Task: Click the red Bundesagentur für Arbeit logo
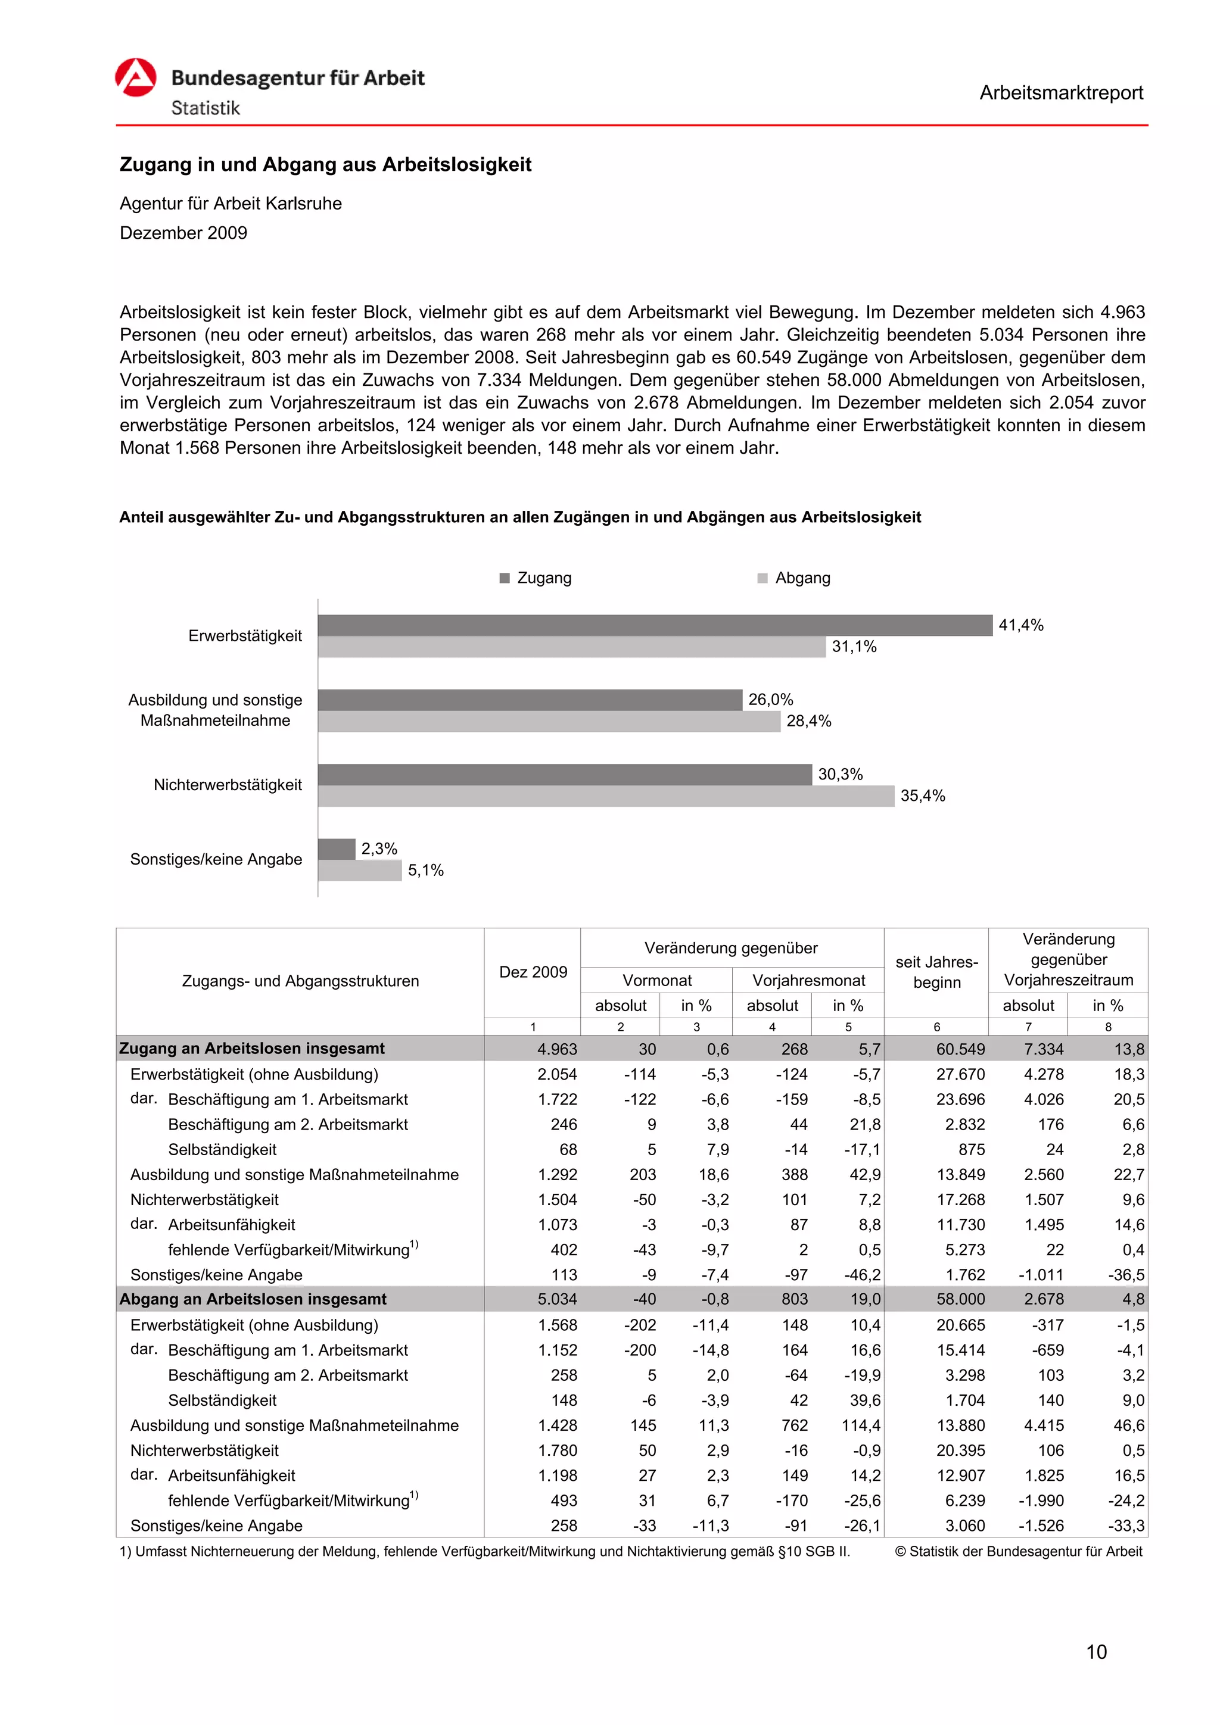point(135,77)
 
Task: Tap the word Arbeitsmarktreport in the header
point(1060,93)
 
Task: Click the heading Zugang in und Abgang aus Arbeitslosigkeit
point(325,164)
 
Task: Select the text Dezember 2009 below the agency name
point(183,233)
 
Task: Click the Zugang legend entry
point(536,578)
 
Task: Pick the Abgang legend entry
point(795,578)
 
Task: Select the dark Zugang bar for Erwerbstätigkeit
point(654,625)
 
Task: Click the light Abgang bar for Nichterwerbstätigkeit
point(605,796)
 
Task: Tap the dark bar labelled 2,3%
point(336,849)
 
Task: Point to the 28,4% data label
point(809,721)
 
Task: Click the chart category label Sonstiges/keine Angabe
point(216,859)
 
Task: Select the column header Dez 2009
point(533,972)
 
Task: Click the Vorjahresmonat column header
point(809,981)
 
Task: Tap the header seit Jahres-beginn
point(936,972)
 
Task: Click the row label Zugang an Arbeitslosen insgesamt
point(252,1049)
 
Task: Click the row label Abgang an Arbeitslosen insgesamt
point(253,1299)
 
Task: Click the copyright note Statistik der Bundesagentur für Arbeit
point(1019,1552)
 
